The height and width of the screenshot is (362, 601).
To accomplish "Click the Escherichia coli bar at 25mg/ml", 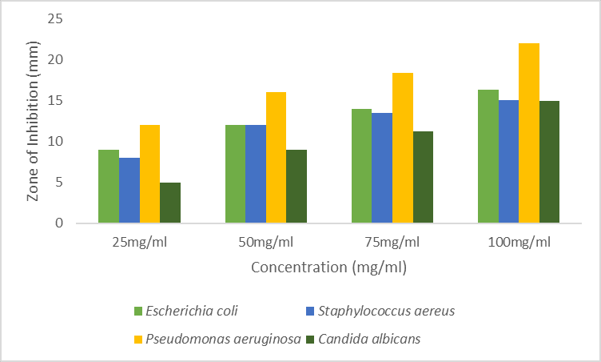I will pyautogui.click(x=109, y=187).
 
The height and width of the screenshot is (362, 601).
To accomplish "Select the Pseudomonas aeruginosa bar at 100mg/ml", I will pyautogui.click(x=529, y=133).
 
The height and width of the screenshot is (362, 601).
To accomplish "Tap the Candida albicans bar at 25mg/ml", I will pyautogui.click(x=170, y=203).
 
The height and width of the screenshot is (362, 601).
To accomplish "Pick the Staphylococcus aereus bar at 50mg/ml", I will pyautogui.click(x=256, y=174).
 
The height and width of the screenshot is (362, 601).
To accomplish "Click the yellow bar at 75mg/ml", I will pyautogui.click(x=402, y=147).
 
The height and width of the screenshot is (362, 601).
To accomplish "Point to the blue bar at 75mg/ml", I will pyautogui.click(x=382, y=167).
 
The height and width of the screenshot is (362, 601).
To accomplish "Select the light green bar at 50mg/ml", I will pyautogui.click(x=235, y=174).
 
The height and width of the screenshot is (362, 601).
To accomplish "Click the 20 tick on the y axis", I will pyautogui.click(x=54, y=60).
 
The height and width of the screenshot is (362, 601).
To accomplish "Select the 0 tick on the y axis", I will pyautogui.click(x=58, y=223).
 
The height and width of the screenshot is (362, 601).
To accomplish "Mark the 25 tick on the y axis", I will pyautogui.click(x=54, y=19).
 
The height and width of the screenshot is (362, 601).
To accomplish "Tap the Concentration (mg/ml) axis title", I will pyautogui.click(x=328, y=267).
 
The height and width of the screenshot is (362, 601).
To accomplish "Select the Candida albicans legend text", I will pyautogui.click(x=369, y=339).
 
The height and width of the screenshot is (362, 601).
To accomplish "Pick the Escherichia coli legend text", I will pyautogui.click(x=193, y=311).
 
